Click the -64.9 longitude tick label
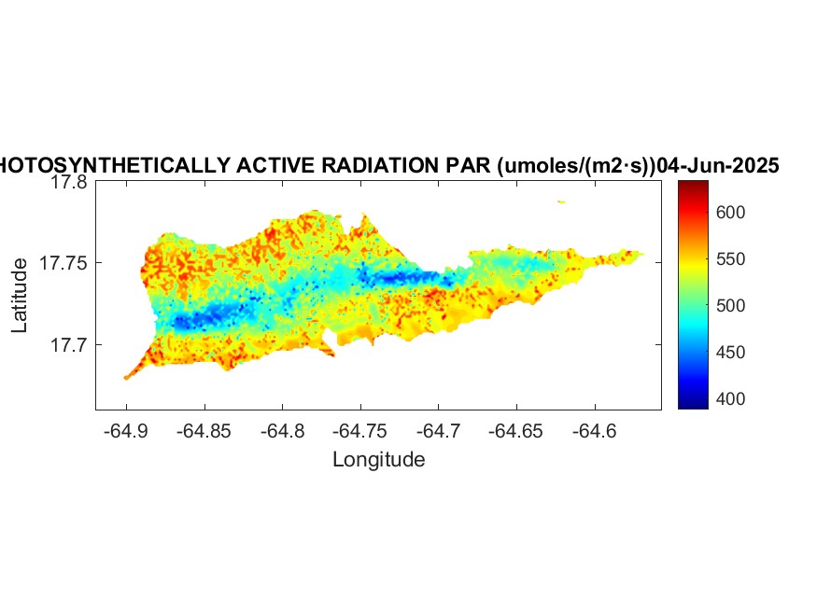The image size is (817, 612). [x=127, y=431]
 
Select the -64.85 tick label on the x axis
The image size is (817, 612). [x=204, y=431]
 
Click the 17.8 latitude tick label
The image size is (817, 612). [x=68, y=183]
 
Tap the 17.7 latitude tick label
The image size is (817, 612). [x=68, y=345]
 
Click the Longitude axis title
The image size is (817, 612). [x=378, y=459]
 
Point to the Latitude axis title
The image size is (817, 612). [x=20, y=296]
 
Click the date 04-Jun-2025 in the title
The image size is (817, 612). [x=718, y=166]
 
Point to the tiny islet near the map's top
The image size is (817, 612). [x=561, y=202]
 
